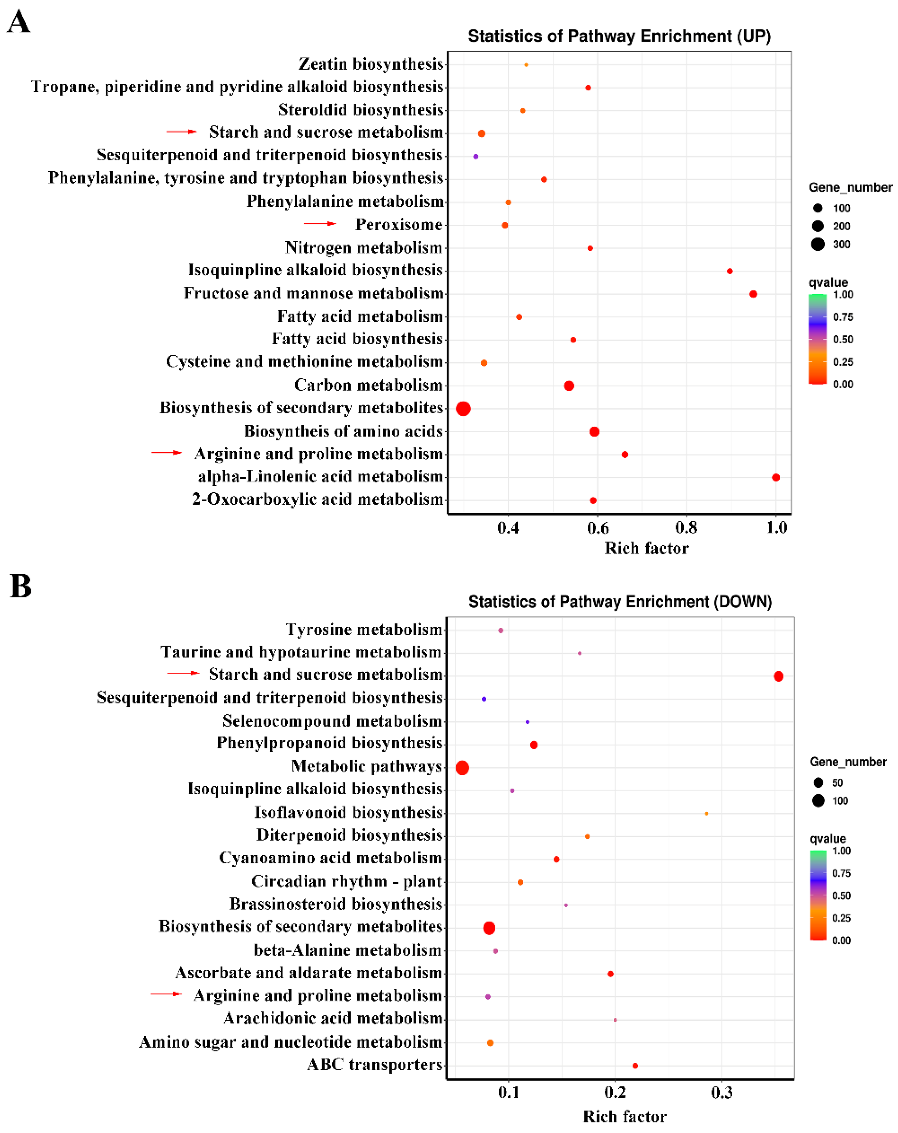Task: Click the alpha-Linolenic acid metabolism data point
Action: coord(776,477)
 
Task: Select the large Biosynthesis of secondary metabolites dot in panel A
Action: coord(463,408)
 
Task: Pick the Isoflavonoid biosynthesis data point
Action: coord(706,813)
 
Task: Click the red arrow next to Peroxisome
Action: coord(320,224)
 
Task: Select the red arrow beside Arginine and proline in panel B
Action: coord(166,994)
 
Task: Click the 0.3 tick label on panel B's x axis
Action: coord(722,1093)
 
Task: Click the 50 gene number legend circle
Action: coord(818,782)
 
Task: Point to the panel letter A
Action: coord(19,22)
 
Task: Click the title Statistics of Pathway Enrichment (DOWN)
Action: coord(620,602)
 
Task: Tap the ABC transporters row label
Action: coord(374,1065)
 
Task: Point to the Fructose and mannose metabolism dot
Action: coord(753,294)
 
